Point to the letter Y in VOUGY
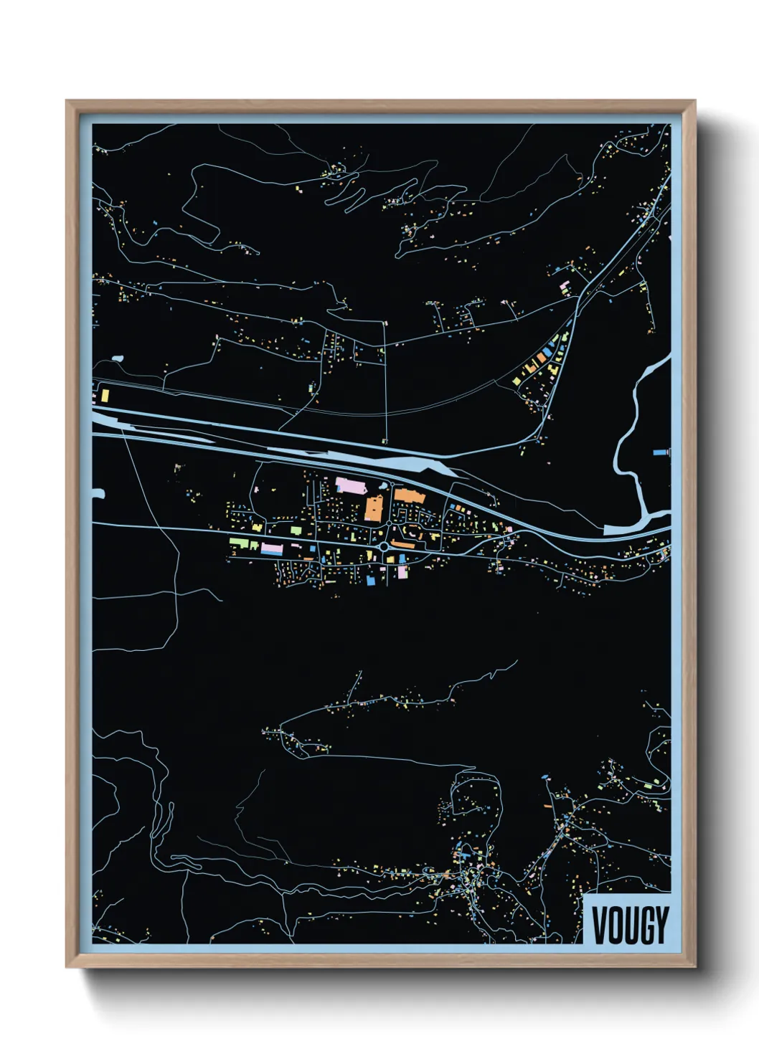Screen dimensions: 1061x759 (661, 926)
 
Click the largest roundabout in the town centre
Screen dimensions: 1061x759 (385, 547)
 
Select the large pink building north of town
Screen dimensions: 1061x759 (351, 486)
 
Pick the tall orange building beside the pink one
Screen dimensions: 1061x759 (374, 508)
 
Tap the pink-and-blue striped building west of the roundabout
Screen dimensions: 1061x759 (272, 549)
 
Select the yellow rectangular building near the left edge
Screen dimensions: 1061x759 (104, 395)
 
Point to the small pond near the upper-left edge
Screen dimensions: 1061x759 (117, 358)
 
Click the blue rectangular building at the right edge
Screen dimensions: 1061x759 (660, 453)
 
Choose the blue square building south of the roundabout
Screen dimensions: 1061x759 (371, 579)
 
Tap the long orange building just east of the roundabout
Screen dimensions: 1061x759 (403, 545)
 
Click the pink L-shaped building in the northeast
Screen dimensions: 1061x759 (565, 288)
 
